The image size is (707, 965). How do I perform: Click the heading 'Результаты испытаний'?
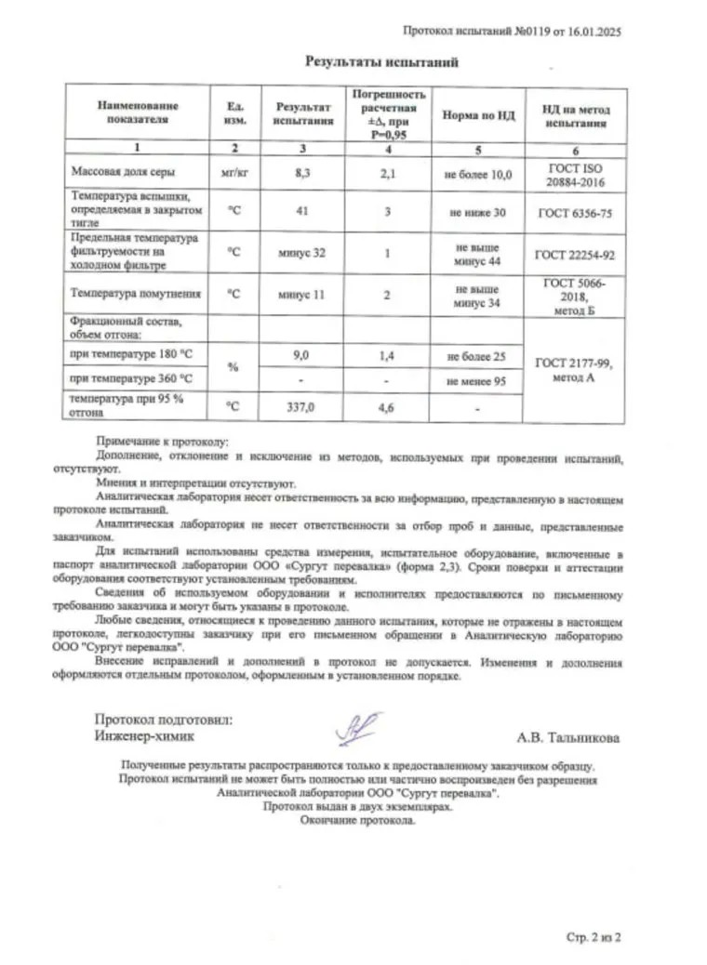(x=382, y=62)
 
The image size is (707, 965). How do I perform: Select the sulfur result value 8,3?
(x=299, y=173)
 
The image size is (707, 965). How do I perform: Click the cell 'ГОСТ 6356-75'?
(x=576, y=213)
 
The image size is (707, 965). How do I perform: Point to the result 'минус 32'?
(x=299, y=253)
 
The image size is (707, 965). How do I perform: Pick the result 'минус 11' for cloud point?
(x=299, y=294)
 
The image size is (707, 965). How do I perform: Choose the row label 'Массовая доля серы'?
(x=124, y=173)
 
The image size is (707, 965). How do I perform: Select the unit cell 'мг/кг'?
(x=234, y=173)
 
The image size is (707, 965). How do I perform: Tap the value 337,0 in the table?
(x=299, y=405)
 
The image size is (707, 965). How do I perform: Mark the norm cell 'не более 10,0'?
(x=478, y=173)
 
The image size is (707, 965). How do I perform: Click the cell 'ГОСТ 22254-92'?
(x=576, y=253)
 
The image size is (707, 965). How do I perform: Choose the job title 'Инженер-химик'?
(x=145, y=735)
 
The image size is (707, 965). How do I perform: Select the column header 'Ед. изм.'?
(x=234, y=114)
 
